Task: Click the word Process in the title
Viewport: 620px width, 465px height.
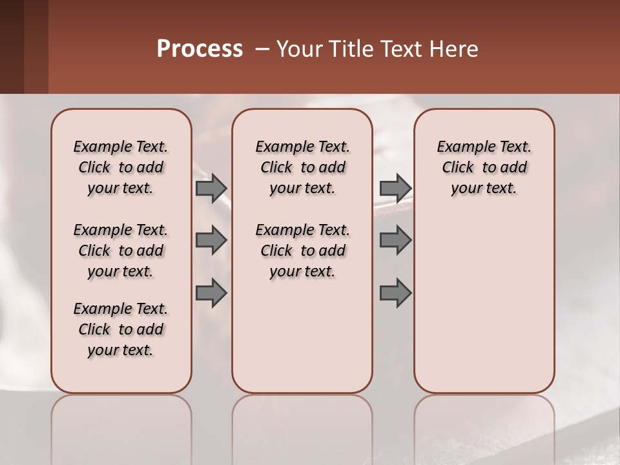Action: coord(200,49)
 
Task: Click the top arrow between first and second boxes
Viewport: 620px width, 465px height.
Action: coord(211,188)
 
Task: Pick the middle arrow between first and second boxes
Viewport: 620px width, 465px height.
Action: coord(211,240)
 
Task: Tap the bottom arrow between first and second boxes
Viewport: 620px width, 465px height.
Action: coord(211,293)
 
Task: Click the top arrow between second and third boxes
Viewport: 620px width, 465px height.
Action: coord(395,188)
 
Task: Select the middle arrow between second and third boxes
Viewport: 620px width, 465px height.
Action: coord(395,240)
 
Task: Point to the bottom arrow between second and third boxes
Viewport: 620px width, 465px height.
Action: coord(395,293)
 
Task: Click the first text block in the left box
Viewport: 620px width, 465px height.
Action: coord(121,167)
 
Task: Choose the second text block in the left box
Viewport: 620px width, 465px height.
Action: coord(121,251)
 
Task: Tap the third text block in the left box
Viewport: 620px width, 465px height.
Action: coord(121,329)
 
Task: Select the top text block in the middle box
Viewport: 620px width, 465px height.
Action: coord(302,167)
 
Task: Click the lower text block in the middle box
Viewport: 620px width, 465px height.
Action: coord(302,251)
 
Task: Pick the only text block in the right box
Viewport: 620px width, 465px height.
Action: coord(484,167)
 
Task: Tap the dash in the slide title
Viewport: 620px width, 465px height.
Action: coord(262,49)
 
